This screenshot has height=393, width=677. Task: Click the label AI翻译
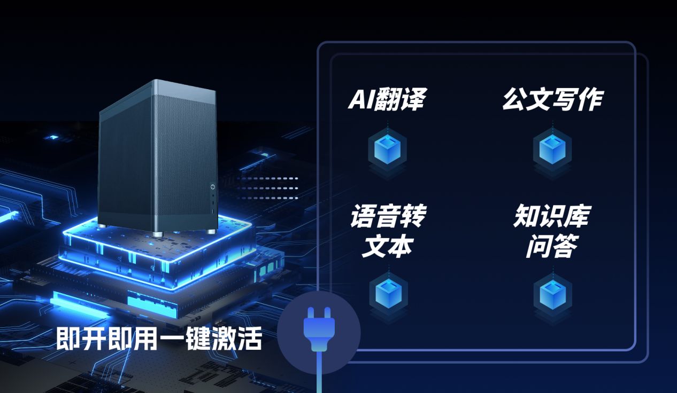click(x=387, y=100)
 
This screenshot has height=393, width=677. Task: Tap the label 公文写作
click(x=552, y=100)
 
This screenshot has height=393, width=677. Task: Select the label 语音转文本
click(x=388, y=231)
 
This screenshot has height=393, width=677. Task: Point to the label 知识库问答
click(x=551, y=231)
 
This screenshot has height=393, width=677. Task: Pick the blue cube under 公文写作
click(x=552, y=149)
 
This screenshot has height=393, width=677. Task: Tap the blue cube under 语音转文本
click(x=388, y=291)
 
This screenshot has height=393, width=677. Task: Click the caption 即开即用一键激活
click(x=159, y=339)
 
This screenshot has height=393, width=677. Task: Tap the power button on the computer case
click(x=212, y=186)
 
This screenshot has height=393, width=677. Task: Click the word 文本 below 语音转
click(x=388, y=246)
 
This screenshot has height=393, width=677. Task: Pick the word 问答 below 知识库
click(x=551, y=246)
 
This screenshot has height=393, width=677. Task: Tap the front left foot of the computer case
click(x=157, y=234)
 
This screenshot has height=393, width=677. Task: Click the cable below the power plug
click(x=319, y=374)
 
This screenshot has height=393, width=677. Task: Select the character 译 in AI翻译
click(x=412, y=100)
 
